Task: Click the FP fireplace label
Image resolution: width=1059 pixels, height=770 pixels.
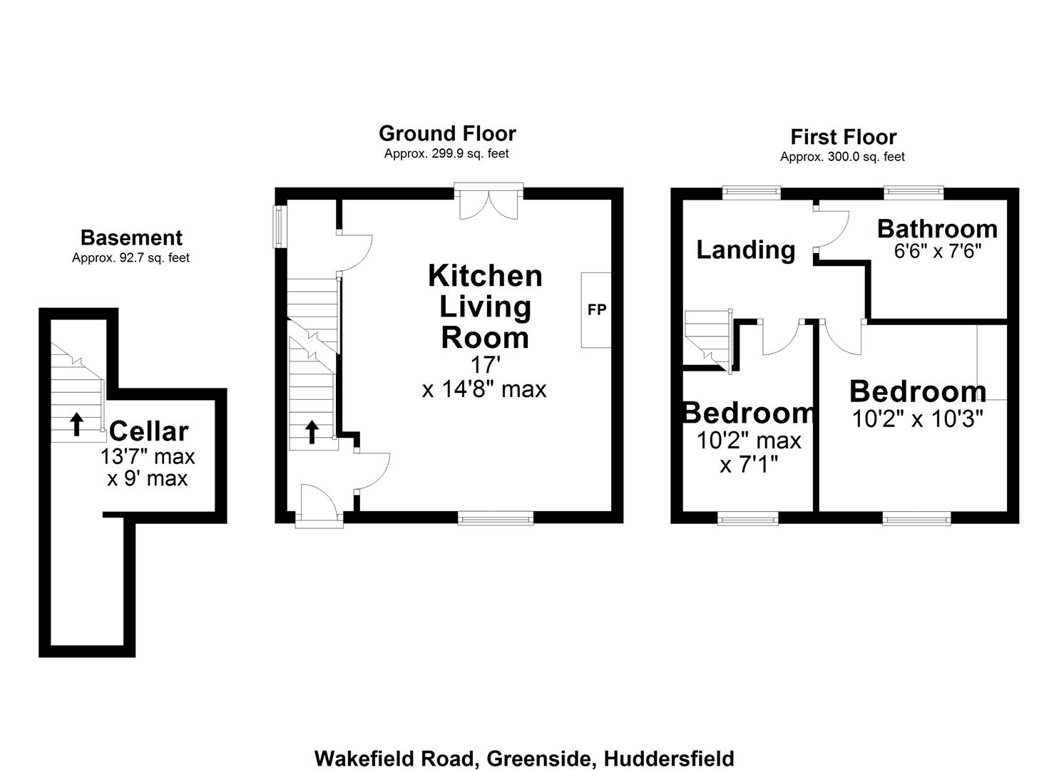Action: click(x=596, y=310)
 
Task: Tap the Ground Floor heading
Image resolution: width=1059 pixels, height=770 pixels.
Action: click(x=447, y=133)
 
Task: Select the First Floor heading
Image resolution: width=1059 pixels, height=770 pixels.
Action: click(x=843, y=137)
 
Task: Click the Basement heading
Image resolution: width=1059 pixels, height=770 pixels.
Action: click(x=131, y=237)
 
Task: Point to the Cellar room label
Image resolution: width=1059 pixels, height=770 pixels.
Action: click(x=148, y=431)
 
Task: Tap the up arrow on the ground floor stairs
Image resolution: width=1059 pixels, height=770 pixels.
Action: click(x=312, y=431)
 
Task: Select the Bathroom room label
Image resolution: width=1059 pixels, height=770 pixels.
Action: click(x=937, y=229)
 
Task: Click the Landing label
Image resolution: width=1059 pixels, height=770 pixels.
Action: click(x=745, y=250)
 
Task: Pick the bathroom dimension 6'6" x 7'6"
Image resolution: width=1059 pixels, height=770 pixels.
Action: click(x=937, y=252)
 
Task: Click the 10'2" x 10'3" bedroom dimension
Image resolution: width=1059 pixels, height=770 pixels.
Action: click(x=918, y=419)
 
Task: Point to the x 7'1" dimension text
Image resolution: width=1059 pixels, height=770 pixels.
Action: click(x=748, y=465)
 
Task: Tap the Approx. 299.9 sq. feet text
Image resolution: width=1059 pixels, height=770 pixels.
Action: click(x=446, y=153)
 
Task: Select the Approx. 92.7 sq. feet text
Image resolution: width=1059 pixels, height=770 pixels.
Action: click(x=131, y=258)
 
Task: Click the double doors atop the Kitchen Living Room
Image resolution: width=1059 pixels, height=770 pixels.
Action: click(x=488, y=203)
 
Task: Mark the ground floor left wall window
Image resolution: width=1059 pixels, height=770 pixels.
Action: click(x=280, y=227)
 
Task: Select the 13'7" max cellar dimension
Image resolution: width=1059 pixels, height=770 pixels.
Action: click(x=148, y=456)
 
